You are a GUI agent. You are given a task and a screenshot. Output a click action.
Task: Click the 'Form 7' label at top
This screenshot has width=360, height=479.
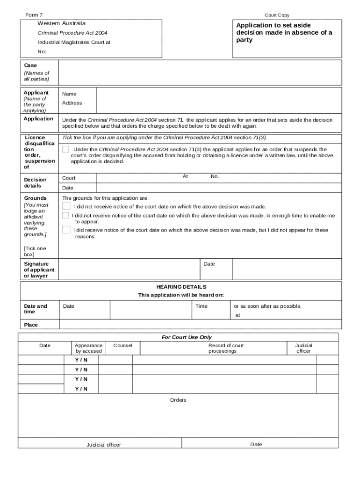(x=33, y=15)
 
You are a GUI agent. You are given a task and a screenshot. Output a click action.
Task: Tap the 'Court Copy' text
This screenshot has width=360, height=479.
(x=277, y=15)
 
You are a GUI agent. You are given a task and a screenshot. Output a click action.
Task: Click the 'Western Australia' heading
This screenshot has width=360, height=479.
(x=61, y=23)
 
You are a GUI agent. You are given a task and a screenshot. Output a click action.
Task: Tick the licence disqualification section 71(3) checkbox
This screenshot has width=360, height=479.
(x=65, y=149)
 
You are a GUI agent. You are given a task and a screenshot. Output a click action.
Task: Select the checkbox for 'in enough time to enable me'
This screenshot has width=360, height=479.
(x=65, y=216)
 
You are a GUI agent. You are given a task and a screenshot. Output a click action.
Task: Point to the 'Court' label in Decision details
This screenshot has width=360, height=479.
(x=69, y=178)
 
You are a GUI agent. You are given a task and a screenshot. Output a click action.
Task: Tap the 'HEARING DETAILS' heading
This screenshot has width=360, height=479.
(x=181, y=287)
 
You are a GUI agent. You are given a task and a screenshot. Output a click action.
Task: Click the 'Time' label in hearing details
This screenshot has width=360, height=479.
(x=202, y=306)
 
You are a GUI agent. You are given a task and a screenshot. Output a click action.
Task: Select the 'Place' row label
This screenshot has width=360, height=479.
(x=31, y=325)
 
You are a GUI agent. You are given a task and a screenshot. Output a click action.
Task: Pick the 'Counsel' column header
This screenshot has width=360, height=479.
(x=122, y=345)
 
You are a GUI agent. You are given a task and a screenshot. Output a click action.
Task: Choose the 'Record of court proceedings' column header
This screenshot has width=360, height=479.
(x=226, y=348)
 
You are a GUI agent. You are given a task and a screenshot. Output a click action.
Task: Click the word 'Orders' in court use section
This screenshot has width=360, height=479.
(x=178, y=400)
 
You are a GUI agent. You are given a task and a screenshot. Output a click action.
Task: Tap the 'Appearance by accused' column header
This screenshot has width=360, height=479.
(x=88, y=348)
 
